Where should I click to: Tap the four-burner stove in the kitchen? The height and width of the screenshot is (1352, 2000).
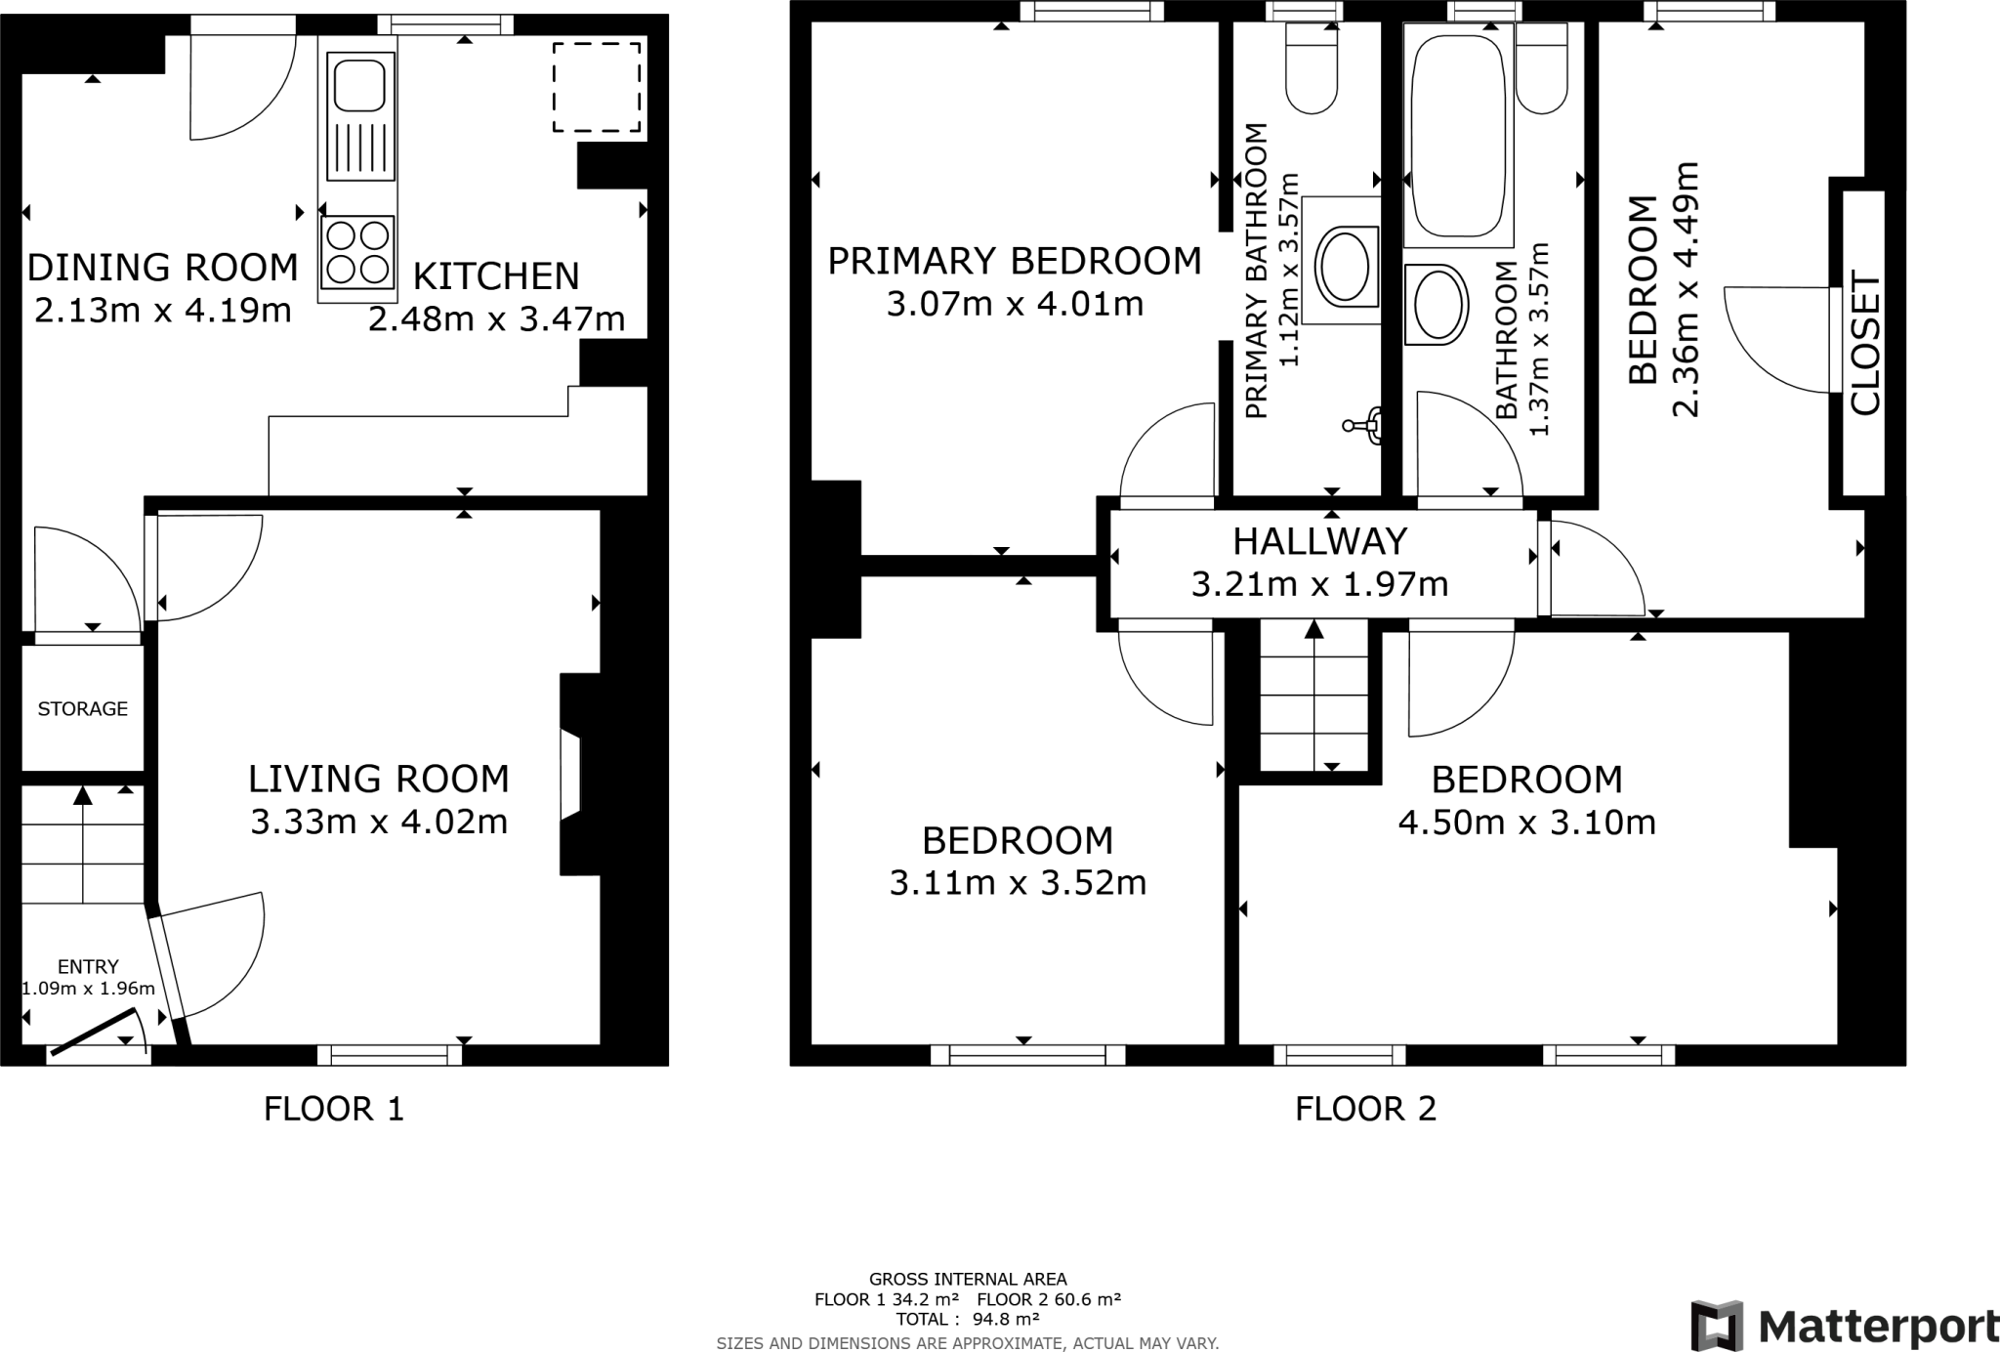[358, 252]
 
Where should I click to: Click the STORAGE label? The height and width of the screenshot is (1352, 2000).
[82, 709]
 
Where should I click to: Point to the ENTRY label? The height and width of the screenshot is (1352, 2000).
[88, 967]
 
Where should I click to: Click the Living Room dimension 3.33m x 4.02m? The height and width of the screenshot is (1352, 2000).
[379, 823]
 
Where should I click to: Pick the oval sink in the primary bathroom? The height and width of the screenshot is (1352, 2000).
[1347, 265]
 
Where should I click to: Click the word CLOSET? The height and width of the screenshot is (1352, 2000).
[1864, 344]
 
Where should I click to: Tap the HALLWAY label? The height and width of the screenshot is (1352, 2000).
[1319, 541]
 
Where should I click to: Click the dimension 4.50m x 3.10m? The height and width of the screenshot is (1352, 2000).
[1526, 823]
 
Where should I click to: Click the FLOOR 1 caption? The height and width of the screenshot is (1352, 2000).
[333, 1109]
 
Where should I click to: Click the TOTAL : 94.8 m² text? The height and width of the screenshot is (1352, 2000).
[967, 1319]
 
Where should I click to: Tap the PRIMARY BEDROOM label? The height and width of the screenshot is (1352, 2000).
[1015, 262]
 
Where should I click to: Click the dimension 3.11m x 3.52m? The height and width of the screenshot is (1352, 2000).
[1017, 883]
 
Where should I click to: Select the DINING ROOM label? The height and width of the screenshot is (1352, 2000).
[162, 268]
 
